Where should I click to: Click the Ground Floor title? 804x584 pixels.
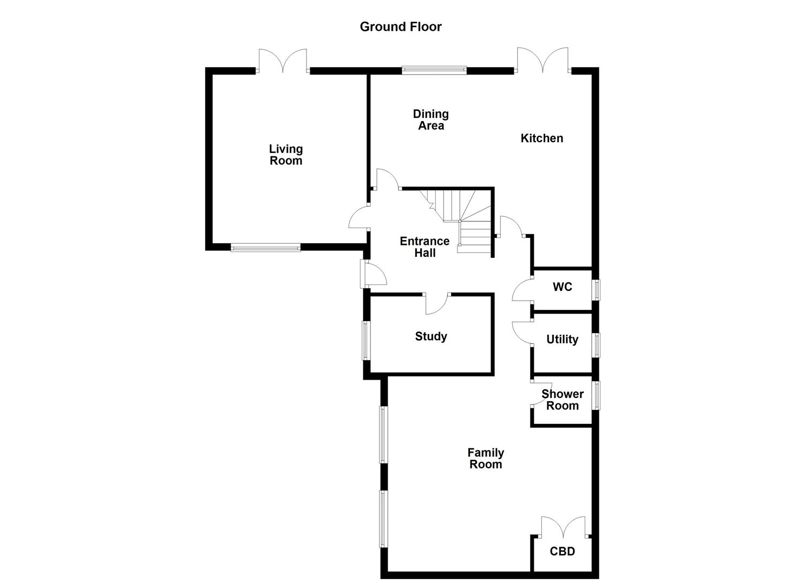(401, 26)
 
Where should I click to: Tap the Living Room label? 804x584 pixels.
(286, 155)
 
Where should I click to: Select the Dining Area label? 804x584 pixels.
(431, 120)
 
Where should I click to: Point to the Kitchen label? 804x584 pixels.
(541, 138)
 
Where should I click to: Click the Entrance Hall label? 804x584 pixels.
(424, 247)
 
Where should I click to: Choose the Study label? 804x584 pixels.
(431, 336)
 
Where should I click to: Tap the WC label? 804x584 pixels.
(562, 287)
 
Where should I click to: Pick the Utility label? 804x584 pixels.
(562, 339)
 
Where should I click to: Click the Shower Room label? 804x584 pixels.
(562, 400)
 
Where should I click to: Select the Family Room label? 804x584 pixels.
(486, 458)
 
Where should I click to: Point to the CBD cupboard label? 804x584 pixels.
(562, 552)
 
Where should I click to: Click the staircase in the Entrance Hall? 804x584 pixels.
(460, 219)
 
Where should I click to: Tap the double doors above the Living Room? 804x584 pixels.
(283, 60)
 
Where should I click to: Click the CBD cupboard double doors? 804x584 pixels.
(563, 527)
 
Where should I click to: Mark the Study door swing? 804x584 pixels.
(436, 304)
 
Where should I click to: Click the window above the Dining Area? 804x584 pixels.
(434, 70)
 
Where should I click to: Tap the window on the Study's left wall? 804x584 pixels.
(366, 340)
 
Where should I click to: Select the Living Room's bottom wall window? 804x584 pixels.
(265, 248)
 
